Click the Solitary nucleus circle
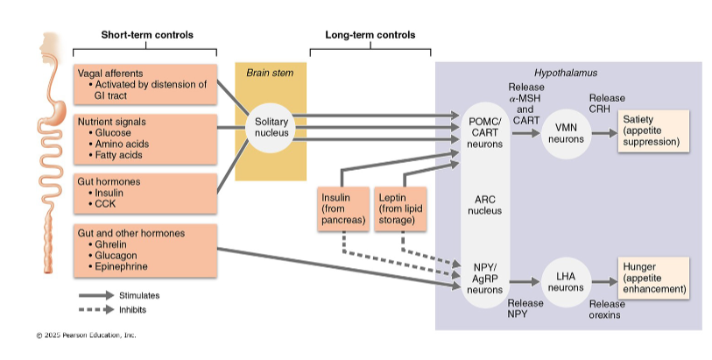click(265, 126)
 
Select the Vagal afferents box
click(145, 84)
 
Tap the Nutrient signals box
click(145, 138)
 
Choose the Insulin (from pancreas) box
click(342, 209)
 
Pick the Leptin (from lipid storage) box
click(401, 209)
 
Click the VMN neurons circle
click(566, 133)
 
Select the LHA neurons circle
click(566, 281)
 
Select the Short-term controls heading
click(147, 35)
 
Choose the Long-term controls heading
click(370, 35)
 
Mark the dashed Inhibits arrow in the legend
click(96, 309)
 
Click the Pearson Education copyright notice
click(86, 335)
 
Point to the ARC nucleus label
click(483, 204)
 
